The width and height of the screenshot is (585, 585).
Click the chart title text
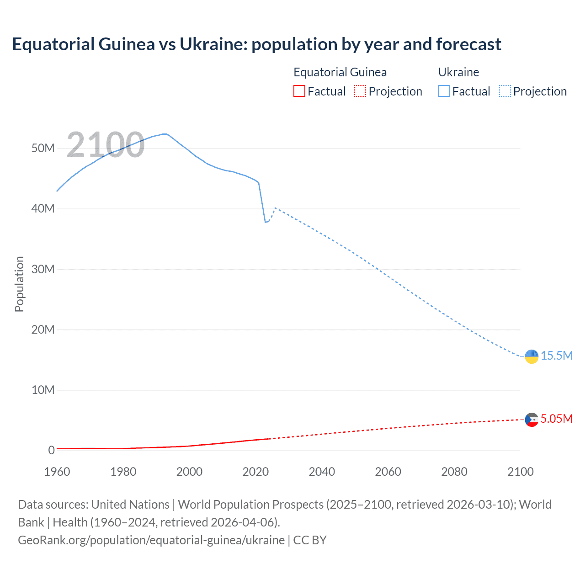256,44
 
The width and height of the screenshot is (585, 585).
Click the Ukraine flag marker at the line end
532,356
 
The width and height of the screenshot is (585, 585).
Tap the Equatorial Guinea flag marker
532,419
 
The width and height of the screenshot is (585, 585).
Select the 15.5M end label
556,356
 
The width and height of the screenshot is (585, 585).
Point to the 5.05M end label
556,419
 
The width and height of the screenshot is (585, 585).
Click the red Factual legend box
299,91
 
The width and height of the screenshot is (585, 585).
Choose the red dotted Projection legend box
360,91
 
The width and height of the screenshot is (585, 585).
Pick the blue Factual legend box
443,91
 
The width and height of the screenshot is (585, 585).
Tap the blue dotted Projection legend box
505,91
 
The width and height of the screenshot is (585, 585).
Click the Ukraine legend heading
458,72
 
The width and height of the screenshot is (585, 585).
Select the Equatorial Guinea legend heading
340,72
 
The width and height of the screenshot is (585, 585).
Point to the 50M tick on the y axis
43,148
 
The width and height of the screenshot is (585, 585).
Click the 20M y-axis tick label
43,330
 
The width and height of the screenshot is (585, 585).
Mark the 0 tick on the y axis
51,450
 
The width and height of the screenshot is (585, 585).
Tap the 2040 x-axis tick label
322,472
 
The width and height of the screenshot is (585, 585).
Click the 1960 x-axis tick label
57,472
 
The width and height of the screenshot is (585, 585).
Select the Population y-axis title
19,284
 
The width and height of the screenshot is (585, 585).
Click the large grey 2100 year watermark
106,145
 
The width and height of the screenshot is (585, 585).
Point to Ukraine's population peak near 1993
165,134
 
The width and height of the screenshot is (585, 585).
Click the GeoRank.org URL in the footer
151,540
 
